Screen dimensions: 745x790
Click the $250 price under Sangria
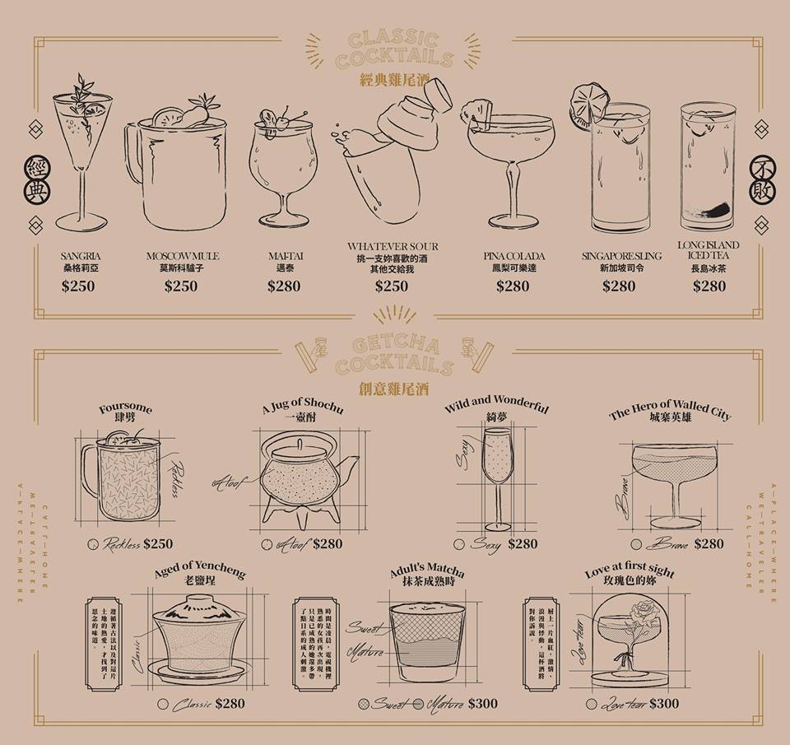point(78,286)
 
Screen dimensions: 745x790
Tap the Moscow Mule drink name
point(183,256)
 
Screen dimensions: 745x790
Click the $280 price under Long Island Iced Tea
point(709,286)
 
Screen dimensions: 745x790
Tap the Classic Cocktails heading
point(399,51)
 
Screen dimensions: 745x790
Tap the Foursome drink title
point(125,409)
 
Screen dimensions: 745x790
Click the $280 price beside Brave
point(709,543)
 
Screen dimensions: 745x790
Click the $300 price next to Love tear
point(663,703)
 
